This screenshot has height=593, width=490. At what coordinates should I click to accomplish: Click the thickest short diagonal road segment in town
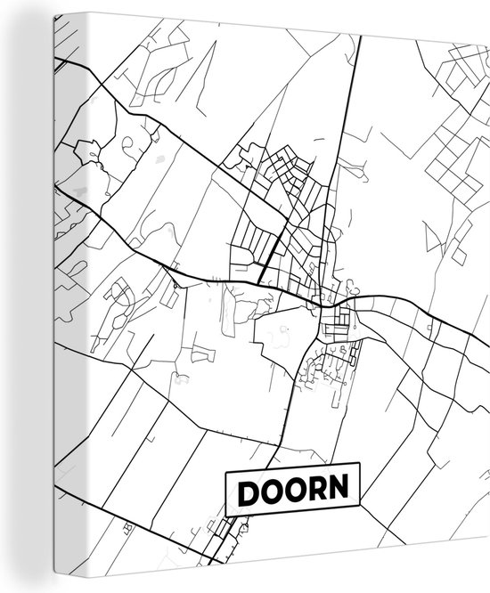271,250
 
